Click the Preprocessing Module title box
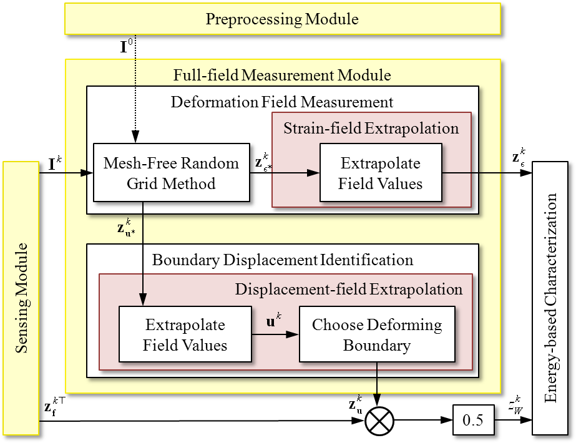[282, 19]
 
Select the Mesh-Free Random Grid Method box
[172, 173]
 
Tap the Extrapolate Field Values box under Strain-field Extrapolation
[381, 173]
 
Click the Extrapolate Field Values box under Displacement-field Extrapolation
[185, 334]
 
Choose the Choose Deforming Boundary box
[376, 334]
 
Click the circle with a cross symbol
[379, 422]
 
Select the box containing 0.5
[472, 421]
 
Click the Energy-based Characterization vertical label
[550, 298]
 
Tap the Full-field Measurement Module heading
[282, 75]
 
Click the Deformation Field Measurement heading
[282, 102]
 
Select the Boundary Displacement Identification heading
[282, 260]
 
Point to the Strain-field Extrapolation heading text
[371, 129]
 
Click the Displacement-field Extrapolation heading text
[348, 290]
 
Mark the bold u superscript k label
[273, 323]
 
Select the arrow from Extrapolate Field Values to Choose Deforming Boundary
[275, 335]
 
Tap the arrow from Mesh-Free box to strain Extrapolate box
[285, 173]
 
